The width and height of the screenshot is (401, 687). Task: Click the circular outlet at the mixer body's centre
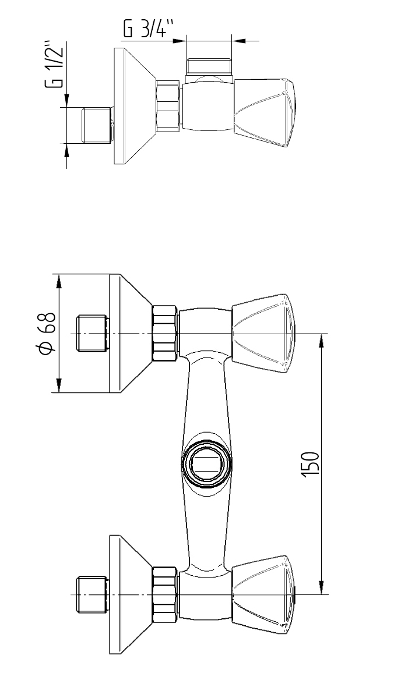[206, 464]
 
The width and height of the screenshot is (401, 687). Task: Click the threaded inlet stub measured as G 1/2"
[93, 125]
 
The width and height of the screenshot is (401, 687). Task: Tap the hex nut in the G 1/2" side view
[168, 105]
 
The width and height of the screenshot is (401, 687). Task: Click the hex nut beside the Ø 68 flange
[164, 334]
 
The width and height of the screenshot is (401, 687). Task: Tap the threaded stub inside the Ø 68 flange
[93, 334]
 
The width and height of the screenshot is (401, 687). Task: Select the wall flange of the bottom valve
[129, 594]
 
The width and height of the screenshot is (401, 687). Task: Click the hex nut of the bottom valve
[164, 594]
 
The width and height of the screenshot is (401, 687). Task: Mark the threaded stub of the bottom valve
[93, 594]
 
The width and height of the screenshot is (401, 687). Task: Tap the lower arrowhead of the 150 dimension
[321, 587]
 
